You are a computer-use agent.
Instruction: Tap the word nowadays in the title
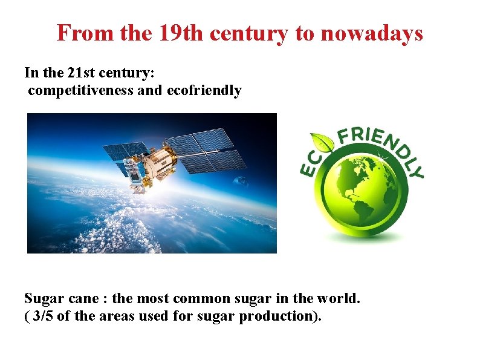tap(371, 33)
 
